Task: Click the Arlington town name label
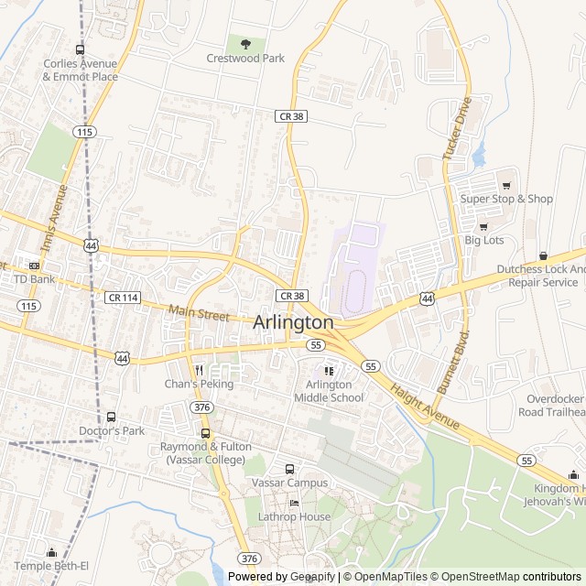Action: pyautogui.click(x=293, y=322)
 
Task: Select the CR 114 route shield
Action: pyautogui.click(x=122, y=298)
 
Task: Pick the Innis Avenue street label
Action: pyautogui.click(x=55, y=219)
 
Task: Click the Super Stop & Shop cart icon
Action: pyautogui.click(x=505, y=185)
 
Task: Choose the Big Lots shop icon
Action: pyautogui.click(x=483, y=226)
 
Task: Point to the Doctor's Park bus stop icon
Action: pyautogui.click(x=112, y=417)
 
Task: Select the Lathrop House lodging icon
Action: pyautogui.click(x=294, y=504)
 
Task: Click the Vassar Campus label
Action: pyautogui.click(x=289, y=483)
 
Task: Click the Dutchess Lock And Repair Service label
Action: pyautogui.click(x=540, y=276)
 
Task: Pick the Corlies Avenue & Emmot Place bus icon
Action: pyautogui.click(x=80, y=50)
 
